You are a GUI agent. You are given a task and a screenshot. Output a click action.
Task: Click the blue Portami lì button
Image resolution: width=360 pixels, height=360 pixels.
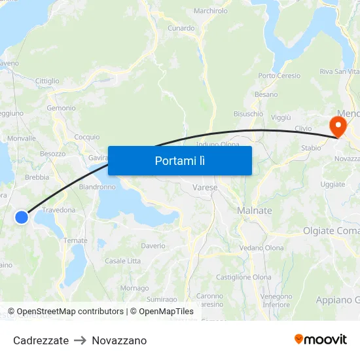[x=179, y=160]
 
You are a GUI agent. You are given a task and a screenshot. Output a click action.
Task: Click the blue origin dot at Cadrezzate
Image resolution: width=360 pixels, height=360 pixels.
[x=22, y=217]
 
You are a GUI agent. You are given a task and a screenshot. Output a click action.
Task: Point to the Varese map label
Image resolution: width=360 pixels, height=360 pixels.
[x=205, y=188]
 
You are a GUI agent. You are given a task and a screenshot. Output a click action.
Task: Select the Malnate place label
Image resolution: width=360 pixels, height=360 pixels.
[x=254, y=211]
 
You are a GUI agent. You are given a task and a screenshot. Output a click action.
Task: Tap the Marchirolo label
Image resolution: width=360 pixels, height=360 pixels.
[x=211, y=11]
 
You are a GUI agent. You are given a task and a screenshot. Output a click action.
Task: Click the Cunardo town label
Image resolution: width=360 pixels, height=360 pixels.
[x=181, y=28]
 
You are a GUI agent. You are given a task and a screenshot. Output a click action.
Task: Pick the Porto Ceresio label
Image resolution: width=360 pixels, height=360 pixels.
[x=279, y=76]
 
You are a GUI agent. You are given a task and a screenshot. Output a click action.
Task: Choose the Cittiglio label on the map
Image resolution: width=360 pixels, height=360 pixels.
[x=47, y=81]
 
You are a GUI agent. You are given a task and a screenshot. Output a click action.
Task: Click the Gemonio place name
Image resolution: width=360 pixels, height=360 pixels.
[x=62, y=108]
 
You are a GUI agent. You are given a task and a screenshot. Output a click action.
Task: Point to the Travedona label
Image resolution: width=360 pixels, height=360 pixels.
[x=59, y=210]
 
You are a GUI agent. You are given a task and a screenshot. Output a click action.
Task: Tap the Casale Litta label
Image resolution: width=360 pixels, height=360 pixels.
[x=122, y=261]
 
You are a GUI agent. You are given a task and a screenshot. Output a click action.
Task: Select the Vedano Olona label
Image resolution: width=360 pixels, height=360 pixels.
[x=261, y=248]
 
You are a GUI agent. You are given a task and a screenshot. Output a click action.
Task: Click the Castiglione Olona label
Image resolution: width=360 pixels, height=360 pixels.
[x=243, y=278]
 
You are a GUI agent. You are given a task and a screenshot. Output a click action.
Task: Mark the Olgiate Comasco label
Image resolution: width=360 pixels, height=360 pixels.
[x=331, y=231]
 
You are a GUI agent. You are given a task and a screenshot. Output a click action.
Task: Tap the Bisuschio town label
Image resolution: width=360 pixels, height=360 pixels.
[x=248, y=114]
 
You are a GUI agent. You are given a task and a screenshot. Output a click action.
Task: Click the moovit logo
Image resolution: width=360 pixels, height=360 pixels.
[x=320, y=339]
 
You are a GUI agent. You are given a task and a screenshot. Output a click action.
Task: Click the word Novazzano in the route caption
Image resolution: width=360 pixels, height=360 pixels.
[x=119, y=340]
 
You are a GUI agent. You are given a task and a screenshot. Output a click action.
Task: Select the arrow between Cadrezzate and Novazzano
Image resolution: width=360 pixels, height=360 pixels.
[x=81, y=340]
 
